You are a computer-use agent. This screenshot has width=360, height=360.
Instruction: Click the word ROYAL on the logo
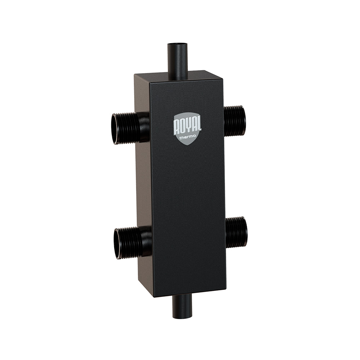[x=187, y=125]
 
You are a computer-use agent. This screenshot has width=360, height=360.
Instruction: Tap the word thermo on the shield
[x=188, y=136]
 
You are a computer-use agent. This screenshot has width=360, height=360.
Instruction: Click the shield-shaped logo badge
[x=187, y=129]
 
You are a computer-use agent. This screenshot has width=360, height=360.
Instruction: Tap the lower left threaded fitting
[x=132, y=243]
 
